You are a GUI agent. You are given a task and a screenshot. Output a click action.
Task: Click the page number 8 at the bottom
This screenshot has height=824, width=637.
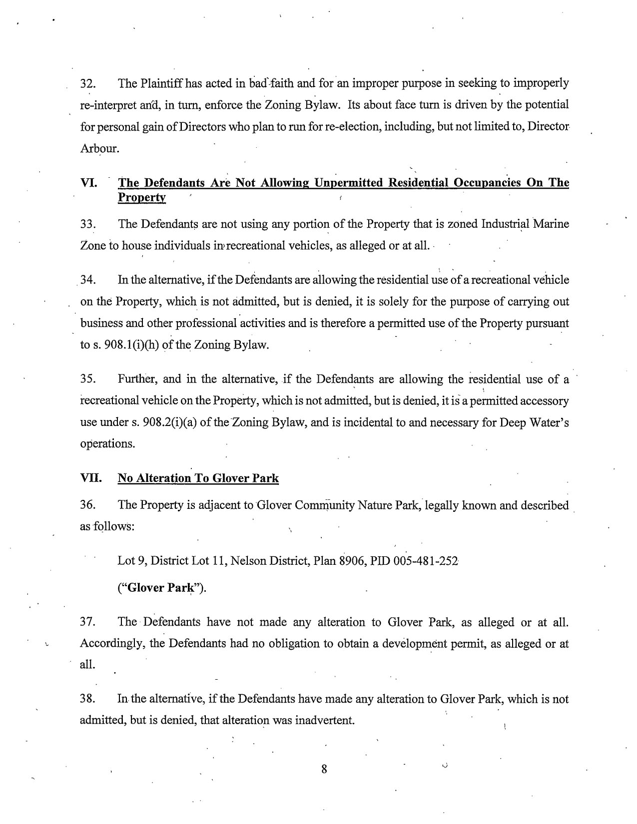click(324, 769)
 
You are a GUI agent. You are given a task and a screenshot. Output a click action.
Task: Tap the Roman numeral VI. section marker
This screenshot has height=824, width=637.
click(88, 183)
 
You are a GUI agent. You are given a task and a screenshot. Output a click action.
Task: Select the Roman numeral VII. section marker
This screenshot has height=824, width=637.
click(90, 478)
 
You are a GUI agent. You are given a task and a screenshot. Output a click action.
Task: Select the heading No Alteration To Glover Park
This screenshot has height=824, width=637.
click(198, 478)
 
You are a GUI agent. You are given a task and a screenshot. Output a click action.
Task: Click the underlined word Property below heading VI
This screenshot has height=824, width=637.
click(141, 198)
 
